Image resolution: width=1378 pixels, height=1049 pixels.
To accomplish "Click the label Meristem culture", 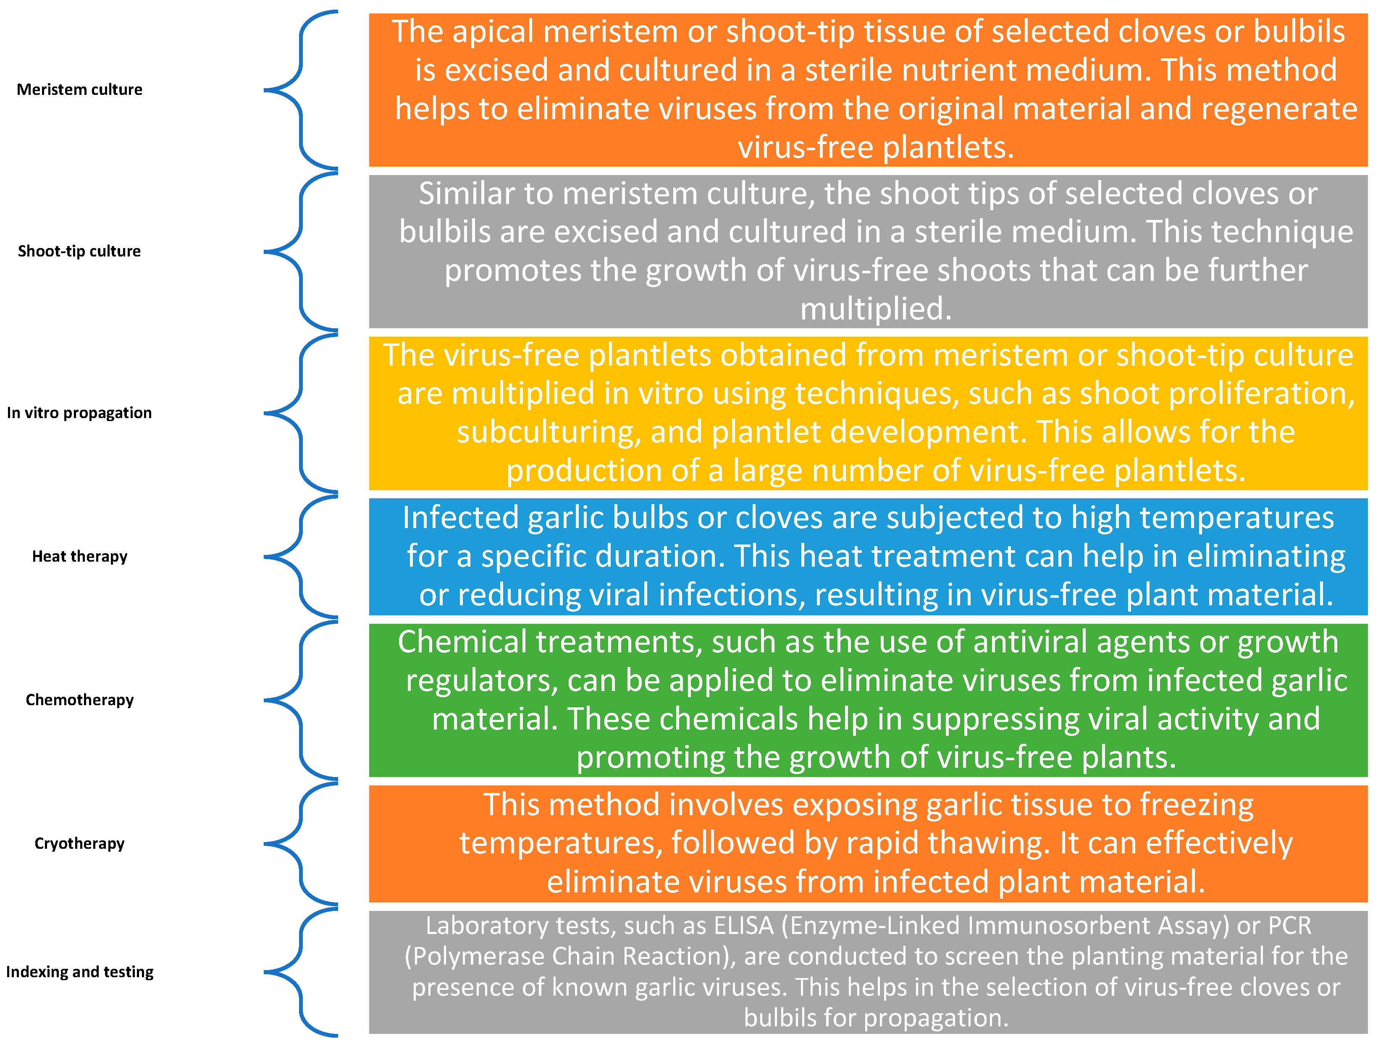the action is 79,89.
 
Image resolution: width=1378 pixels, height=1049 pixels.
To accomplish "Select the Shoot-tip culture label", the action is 79,251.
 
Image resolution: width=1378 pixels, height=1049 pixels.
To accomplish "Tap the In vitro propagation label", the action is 79,413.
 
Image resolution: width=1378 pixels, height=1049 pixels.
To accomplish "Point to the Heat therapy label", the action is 79,556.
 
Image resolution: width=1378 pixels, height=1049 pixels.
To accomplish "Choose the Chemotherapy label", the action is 79,700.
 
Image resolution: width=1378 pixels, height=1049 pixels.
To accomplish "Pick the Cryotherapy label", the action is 79,844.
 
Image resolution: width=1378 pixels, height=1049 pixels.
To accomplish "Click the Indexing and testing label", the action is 79,972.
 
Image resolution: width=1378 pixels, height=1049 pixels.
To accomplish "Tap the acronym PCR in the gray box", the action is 1289,925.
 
